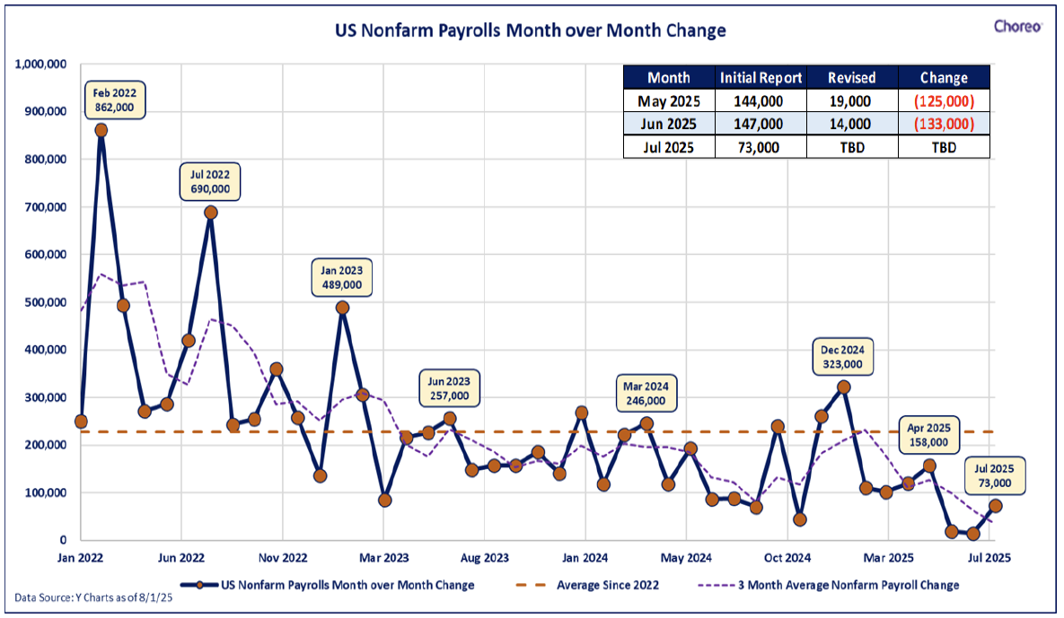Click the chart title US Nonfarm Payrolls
coord(530,30)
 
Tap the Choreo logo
coord(1017,26)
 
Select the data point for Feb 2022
coord(101,130)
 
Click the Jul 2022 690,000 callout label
coord(210,181)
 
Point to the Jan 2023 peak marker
coord(343,308)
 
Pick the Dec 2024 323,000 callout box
coord(843,357)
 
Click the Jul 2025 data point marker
coord(995,506)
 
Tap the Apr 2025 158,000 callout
coord(929,435)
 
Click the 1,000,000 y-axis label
coord(40,65)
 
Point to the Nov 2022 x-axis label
coord(283,559)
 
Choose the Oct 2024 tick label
coord(787,559)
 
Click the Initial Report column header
coord(761,78)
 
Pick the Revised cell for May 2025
coord(851,101)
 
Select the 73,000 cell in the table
coord(758,147)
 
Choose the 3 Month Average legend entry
coord(829,585)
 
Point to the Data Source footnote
coord(93,597)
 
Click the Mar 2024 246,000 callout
coord(646,394)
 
